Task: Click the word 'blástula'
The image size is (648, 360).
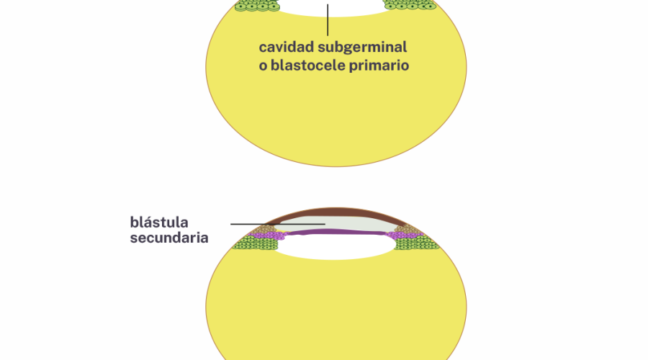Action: point(160,221)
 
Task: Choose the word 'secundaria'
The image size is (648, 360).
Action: point(169,238)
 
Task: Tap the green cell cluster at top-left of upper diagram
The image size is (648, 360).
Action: point(258,5)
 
